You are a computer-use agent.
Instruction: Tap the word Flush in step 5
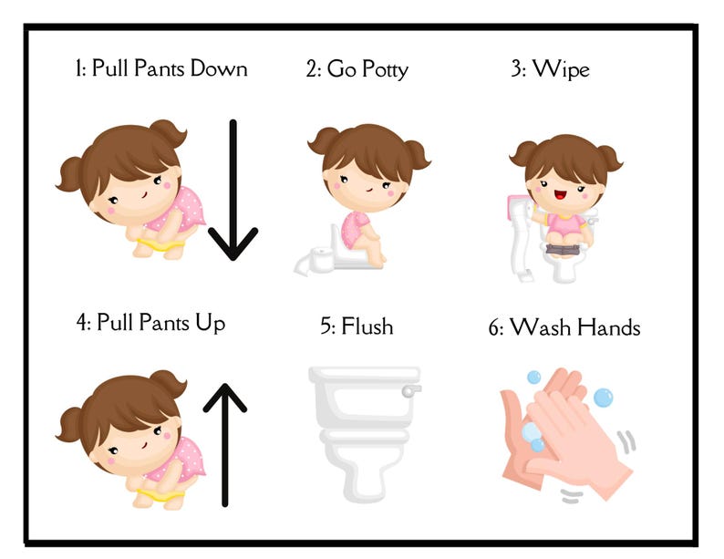pyautogui.click(x=367, y=326)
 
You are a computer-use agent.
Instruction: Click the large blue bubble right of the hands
pyautogui.click(x=603, y=398)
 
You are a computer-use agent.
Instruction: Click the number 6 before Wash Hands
pyautogui.click(x=494, y=327)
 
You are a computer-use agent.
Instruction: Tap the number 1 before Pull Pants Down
pyautogui.click(x=78, y=68)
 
